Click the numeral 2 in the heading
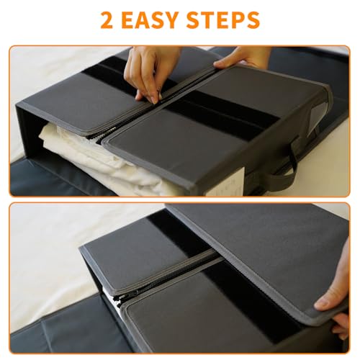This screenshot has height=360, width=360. (x=107, y=19)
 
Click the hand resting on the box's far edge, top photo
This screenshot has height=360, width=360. (x=243, y=57)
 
